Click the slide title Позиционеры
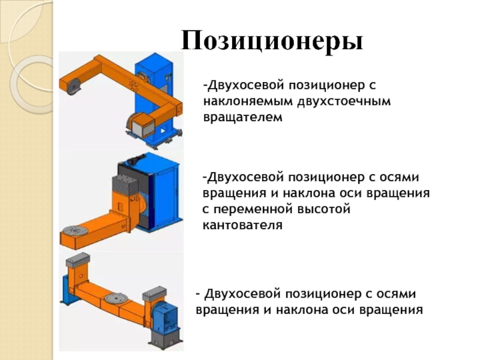pyautogui.click(x=272, y=41)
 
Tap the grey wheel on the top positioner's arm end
pyautogui.click(x=73, y=86)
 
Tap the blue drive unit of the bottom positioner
pyautogui.click(x=163, y=318)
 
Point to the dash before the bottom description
pyautogui.click(x=197, y=295)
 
